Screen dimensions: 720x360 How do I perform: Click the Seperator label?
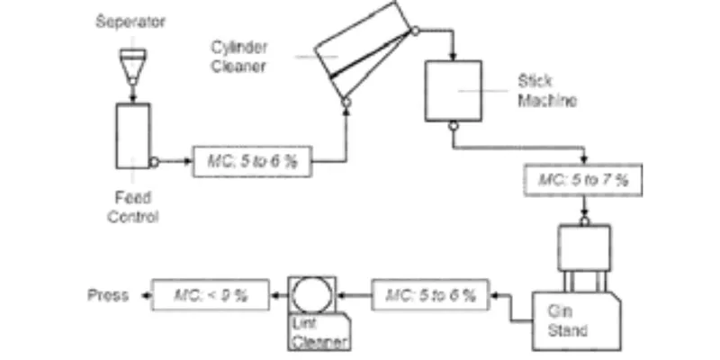[130, 22]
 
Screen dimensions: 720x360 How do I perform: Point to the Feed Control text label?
[133, 207]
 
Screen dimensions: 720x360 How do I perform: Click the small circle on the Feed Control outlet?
[155, 162]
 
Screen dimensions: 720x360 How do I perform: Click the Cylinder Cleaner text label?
[238, 57]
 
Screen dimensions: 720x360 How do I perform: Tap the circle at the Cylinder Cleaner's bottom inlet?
[346, 103]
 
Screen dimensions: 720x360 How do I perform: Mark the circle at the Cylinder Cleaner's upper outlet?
[415, 31]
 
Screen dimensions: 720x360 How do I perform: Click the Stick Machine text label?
[547, 91]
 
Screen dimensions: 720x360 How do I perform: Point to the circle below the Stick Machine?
[454, 126]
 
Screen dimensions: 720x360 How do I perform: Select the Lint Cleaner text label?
[319, 333]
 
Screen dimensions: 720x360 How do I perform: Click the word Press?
[108, 295]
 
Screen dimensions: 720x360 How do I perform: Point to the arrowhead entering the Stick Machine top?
[454, 57]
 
